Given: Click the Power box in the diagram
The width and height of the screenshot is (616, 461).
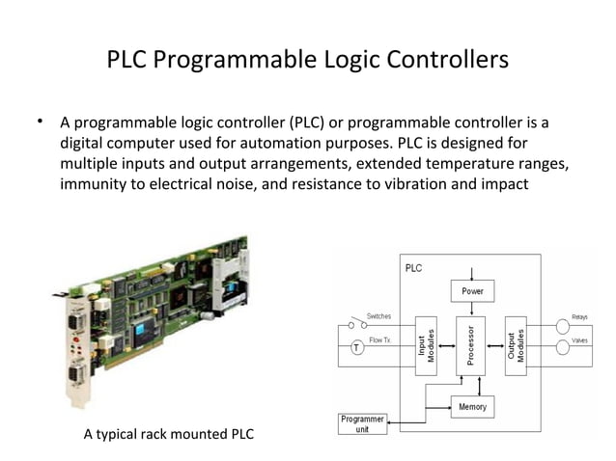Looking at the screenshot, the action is coord(471,289).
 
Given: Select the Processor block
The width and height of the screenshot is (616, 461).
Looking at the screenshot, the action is coord(471,343).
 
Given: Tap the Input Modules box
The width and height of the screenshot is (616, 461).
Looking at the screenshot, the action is coord(427,343).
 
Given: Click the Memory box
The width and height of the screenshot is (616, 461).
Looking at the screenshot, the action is coord(472,407).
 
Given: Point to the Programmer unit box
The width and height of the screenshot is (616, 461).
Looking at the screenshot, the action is coord(362,424).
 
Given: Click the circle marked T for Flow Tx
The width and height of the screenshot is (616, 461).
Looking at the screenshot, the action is coord(356,348).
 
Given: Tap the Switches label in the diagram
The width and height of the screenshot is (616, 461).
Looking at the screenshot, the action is coord(378,316).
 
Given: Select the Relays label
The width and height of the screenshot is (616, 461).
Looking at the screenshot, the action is coord(579,316).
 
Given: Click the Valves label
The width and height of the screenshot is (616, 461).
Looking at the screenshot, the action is coord(579,340).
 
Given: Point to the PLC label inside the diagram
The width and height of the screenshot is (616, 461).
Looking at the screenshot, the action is coord(413,268).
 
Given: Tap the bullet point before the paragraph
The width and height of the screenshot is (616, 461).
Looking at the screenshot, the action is coord(42,122).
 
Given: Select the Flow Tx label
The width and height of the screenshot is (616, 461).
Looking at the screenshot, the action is coord(379,340).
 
